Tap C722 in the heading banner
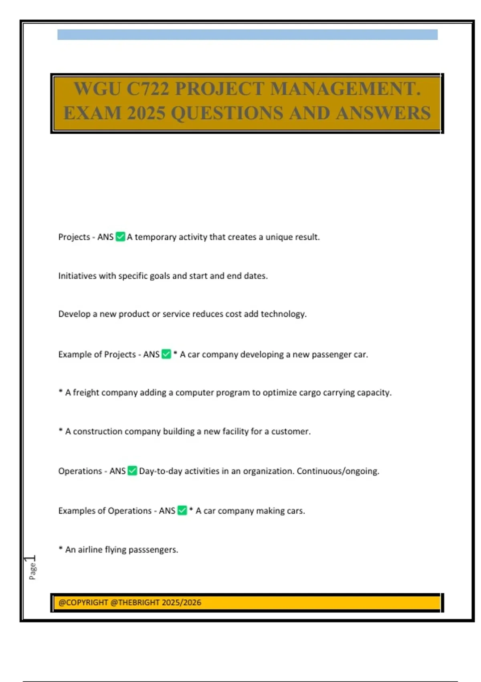[148, 89]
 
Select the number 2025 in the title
[146, 113]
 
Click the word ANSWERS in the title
[383, 113]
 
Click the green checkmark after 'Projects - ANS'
[120, 237]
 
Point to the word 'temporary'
[156, 237]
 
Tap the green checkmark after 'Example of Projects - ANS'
[166, 354]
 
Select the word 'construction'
[97, 432]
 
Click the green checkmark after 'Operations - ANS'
[132, 471]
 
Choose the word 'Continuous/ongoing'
[338, 471]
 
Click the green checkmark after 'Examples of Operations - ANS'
[182, 510]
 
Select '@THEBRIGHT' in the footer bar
[135, 603]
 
